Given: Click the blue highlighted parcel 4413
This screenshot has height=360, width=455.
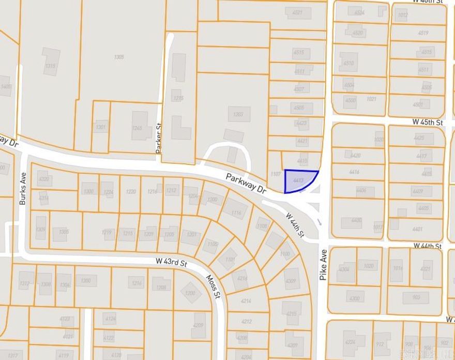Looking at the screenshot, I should pyautogui.click(x=299, y=181).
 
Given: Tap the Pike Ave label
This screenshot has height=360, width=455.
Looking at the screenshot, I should pyautogui.click(x=324, y=269).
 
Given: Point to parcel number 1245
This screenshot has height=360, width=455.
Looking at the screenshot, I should pyautogui.click(x=137, y=128).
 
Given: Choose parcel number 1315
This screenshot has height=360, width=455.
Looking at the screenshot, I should pyautogui.click(x=50, y=66).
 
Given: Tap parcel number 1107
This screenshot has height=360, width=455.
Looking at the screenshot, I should pyautogui.click(x=275, y=174).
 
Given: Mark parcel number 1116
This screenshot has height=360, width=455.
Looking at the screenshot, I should pyautogui.click(x=236, y=213).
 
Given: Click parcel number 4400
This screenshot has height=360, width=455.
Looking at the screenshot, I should pyautogui.click(x=356, y=220).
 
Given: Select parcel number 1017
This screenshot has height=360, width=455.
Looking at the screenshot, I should pyautogui.click(x=378, y=227).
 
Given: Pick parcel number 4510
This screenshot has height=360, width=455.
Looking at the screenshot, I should pyautogui.click(x=348, y=64).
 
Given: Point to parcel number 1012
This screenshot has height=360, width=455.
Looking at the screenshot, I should pyautogui.click(x=402, y=16).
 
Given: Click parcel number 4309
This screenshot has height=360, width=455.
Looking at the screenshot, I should pyautogui.click(x=290, y=281).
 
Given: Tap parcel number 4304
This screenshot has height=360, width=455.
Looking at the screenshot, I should pyautogui.click(x=344, y=269).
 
